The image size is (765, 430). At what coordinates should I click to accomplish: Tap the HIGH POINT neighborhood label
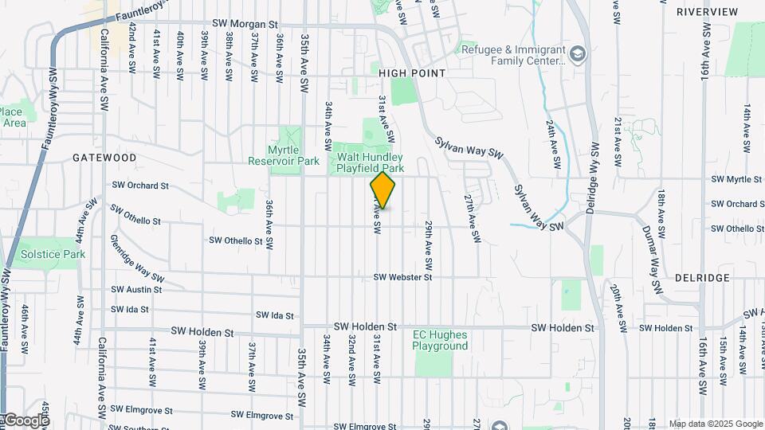412,72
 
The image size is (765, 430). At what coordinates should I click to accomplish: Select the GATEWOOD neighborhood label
104,158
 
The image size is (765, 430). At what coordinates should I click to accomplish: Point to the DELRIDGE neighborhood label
702,278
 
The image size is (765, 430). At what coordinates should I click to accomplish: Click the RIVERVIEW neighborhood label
707,12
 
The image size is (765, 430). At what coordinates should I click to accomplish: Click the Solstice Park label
53,254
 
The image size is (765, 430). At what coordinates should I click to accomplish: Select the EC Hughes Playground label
440,340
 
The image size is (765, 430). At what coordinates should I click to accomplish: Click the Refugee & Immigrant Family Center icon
578,54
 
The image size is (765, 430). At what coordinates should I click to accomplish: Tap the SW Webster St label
402,277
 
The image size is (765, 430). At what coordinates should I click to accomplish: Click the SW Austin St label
137,290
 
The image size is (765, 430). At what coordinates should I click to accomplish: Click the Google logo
25,420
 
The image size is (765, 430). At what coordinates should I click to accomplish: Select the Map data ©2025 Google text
715,424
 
